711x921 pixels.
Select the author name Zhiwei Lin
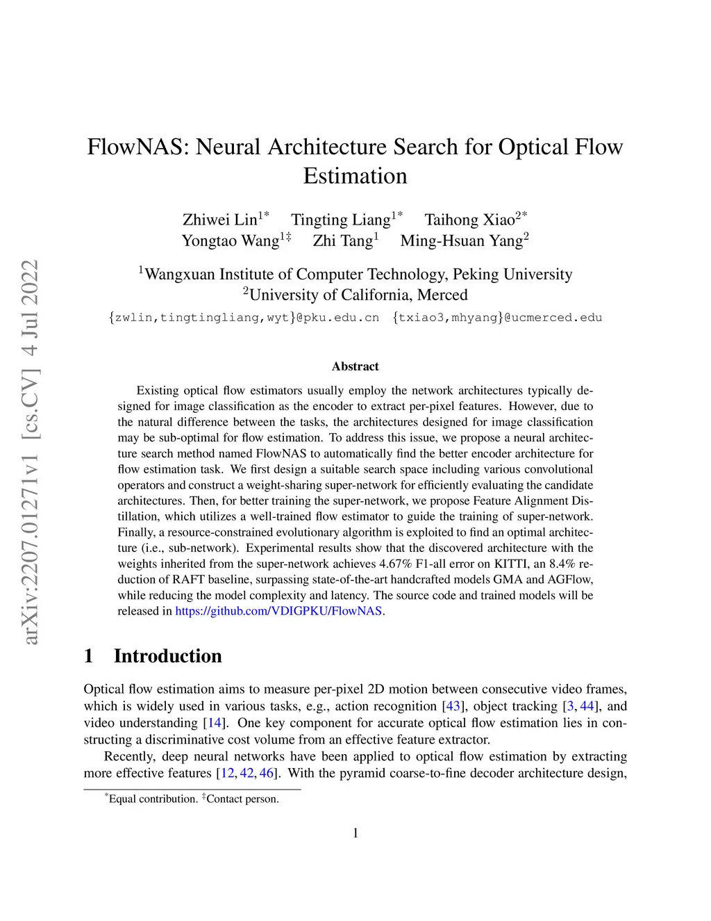(219, 220)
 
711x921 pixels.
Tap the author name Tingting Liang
(341, 220)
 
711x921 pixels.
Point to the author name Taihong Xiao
(470, 220)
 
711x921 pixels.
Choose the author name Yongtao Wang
(230, 241)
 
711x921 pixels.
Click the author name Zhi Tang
(342, 241)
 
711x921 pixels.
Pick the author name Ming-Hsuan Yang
(461, 241)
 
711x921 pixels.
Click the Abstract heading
(355, 366)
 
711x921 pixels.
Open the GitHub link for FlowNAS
(278, 611)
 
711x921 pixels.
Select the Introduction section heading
(167, 656)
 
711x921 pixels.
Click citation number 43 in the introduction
(453, 706)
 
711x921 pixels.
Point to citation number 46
(267, 773)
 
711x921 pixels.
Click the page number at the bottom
(355, 833)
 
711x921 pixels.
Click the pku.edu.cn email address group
(244, 318)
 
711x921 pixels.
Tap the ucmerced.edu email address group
(497, 318)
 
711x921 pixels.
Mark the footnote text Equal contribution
(153, 799)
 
